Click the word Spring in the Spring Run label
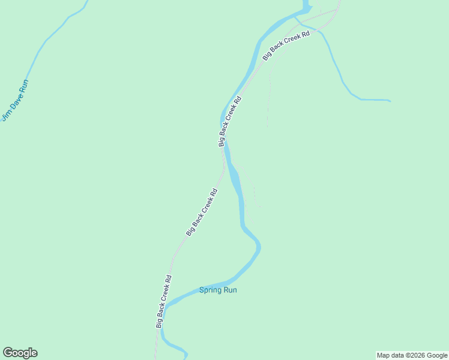210,290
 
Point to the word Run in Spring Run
230,290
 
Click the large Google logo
20,353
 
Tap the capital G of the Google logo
8,352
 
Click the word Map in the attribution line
384,355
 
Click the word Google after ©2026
437,355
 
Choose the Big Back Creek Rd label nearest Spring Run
164,301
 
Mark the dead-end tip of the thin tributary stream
390,101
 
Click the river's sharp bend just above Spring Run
258,244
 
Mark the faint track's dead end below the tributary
267,125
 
